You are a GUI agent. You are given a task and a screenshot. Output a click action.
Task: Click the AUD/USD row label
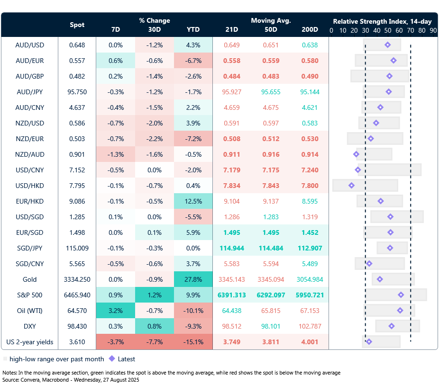[29, 45]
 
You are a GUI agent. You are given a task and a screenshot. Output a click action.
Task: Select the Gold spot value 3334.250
[77, 279]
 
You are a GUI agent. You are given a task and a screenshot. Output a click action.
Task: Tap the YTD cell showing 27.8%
[193, 279]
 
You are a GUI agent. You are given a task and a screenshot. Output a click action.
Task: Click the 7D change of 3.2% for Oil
[115, 311]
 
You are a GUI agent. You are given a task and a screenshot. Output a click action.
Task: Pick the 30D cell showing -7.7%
[154, 342]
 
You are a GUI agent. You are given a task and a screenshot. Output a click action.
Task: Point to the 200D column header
[310, 29]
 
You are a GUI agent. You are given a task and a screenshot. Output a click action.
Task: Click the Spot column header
[77, 25]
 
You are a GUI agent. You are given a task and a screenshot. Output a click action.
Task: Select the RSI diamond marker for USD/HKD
[351, 186]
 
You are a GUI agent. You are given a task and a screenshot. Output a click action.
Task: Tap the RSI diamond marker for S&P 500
[401, 295]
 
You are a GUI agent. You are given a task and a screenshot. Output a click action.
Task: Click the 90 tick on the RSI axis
[433, 30]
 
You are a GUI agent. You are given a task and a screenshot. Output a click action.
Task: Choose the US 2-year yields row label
[29, 342]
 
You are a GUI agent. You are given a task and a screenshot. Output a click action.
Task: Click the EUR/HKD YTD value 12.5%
[193, 201]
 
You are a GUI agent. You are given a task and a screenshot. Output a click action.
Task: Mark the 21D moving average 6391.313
[231, 295]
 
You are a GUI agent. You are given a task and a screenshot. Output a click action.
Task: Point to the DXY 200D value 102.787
[310, 326]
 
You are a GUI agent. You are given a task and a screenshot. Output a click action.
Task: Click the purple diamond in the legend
[112, 359]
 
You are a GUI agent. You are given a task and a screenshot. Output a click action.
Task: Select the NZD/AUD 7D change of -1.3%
[115, 154]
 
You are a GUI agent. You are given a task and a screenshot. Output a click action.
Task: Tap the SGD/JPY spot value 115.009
[77, 248]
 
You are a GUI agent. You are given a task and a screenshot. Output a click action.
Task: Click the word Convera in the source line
[31, 380]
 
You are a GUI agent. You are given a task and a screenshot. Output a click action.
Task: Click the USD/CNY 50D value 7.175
[271, 170]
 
